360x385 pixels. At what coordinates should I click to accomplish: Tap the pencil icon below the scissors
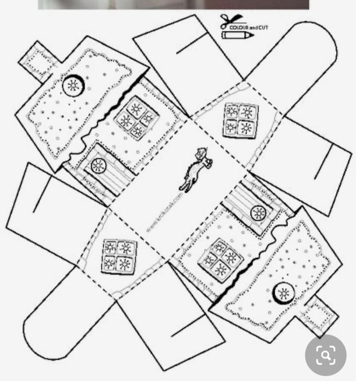coord(237,35)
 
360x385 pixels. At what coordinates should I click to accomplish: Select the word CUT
coord(263,27)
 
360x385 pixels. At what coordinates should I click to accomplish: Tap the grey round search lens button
coord(325,355)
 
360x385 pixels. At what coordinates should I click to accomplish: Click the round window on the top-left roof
coord(72,85)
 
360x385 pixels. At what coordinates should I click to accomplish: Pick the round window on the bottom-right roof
coord(283,294)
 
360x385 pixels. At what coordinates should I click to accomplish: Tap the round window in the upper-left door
coord(98,165)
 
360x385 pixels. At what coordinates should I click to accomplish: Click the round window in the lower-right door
coord(258,213)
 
